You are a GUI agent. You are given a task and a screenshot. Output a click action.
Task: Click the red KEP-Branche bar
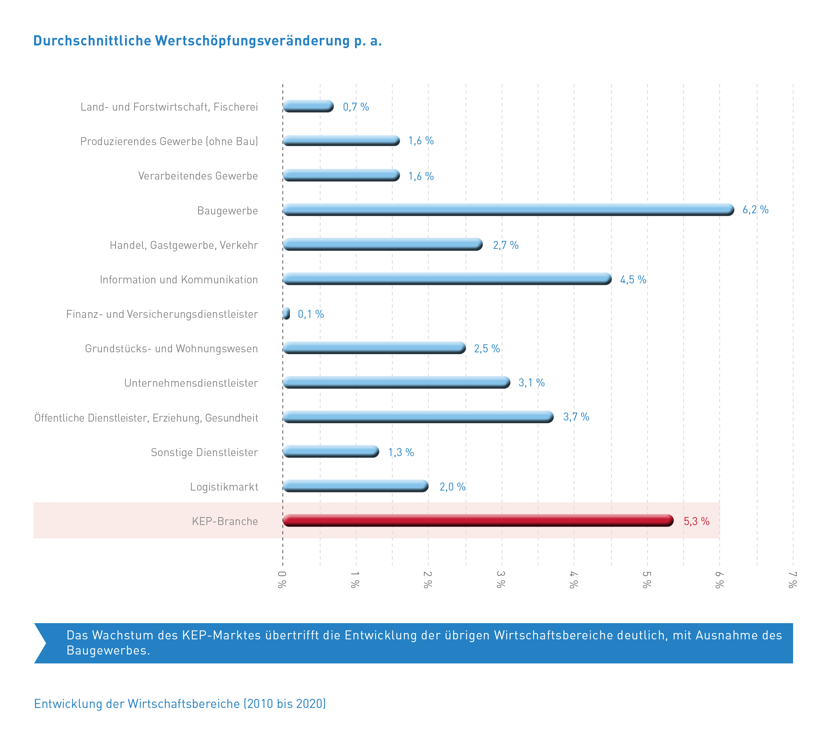point(477,520)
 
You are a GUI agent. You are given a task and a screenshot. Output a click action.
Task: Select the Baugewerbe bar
point(508,210)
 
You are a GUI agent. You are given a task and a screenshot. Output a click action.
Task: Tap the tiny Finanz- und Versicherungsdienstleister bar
point(286,314)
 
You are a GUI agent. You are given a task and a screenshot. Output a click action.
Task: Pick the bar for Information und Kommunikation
point(447,279)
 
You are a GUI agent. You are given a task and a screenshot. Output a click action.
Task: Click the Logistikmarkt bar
point(355,486)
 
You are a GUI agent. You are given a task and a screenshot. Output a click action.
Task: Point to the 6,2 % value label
point(755,210)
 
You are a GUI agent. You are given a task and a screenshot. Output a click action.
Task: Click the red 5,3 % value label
point(696,521)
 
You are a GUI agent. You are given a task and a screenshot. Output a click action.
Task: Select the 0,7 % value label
point(355,107)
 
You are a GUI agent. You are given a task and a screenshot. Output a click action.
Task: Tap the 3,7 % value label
point(576,417)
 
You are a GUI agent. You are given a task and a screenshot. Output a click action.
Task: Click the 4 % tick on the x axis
point(573,580)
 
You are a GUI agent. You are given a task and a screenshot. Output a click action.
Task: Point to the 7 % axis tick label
point(792,580)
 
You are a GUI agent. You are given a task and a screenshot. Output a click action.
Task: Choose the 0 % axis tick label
point(282,580)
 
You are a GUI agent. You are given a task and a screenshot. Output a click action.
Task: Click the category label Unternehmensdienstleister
point(191,383)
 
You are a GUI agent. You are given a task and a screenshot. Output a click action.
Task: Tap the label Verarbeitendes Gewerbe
point(198,176)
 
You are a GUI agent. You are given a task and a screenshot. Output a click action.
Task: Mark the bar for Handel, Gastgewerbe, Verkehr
point(382,244)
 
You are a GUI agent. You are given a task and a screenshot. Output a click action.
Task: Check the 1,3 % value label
point(400,452)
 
